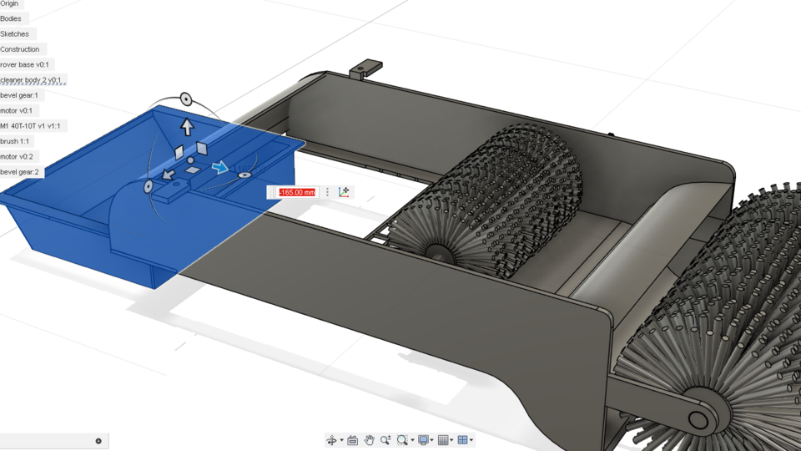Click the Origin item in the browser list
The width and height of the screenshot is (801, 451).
9,4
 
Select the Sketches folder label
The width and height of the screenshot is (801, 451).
15,34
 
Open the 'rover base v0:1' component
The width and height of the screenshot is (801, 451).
25,64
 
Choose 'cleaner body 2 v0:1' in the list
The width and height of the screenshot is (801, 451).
31,80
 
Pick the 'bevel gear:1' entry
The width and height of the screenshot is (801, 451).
19,95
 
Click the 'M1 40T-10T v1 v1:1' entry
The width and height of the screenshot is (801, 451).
30,126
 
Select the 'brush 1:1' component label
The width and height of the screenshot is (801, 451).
15,141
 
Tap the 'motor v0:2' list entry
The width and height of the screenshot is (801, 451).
17,156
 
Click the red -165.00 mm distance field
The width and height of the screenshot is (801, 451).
297,192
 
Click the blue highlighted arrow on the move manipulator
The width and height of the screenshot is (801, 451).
219,168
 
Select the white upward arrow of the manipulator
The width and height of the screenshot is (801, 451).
187,127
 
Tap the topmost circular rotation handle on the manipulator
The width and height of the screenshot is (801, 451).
186,99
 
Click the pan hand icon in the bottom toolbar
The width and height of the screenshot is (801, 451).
369,440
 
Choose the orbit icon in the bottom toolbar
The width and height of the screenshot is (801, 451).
332,440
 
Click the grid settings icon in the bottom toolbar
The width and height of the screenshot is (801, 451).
444,440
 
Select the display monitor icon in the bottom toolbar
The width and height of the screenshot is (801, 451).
424,440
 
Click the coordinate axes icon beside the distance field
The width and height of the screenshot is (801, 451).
345,192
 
